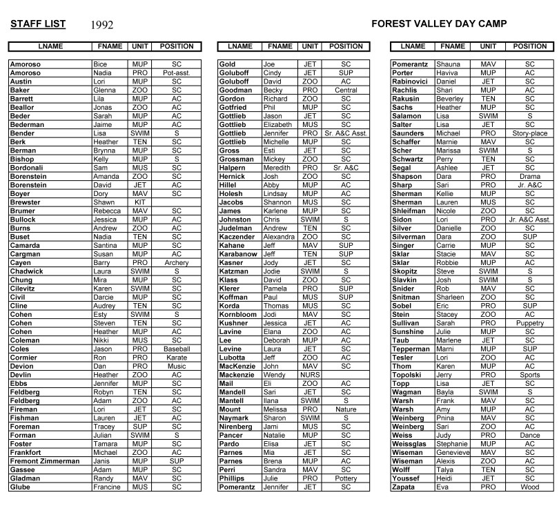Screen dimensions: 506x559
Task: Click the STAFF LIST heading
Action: [x=38, y=24]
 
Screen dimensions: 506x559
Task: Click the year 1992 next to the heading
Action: [x=101, y=26]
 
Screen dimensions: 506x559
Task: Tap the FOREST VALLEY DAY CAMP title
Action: [x=439, y=24]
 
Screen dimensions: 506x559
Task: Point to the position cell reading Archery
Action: [x=177, y=263]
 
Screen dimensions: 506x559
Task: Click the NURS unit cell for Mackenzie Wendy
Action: [x=309, y=375]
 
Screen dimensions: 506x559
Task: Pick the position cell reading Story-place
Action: [x=530, y=133]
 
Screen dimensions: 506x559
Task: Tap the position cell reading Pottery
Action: [x=346, y=478]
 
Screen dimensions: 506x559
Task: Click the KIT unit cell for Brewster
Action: [x=139, y=202]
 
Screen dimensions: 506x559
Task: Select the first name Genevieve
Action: [x=452, y=453]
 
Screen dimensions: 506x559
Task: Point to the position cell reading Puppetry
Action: [x=530, y=323]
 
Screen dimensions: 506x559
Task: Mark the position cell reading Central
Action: [x=346, y=90]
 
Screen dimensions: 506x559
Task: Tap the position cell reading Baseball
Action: [x=177, y=349]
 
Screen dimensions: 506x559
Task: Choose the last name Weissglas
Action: [x=413, y=444]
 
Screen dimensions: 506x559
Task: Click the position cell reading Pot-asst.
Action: [x=177, y=72]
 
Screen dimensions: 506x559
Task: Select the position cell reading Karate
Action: [x=177, y=358]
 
